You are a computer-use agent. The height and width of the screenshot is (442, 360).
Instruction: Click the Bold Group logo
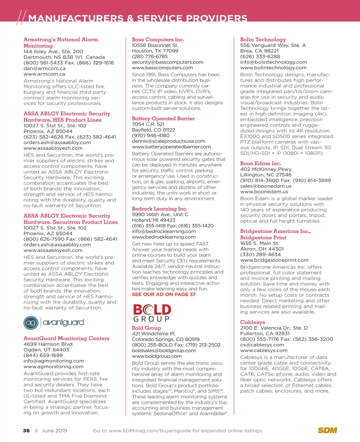pyautogui.click(x=152, y=313)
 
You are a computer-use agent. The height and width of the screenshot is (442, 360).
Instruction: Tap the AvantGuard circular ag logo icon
pyautogui.click(x=31, y=323)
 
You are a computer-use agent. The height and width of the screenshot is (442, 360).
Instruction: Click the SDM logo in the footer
pyautogui.click(x=327, y=430)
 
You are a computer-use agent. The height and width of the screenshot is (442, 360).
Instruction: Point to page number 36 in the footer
pyautogui.click(x=26, y=431)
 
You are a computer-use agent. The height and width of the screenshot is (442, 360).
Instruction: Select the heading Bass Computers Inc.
pyautogui.click(x=158, y=39)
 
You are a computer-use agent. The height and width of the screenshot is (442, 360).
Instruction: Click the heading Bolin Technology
pyautogui.click(x=263, y=39)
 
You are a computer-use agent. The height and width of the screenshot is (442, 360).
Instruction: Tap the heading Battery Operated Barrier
pyautogui.click(x=163, y=119)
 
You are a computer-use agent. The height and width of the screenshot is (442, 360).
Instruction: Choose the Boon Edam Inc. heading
pyautogui.click(x=260, y=163)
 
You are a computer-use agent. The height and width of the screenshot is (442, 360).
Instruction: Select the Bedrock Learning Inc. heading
pyautogui.click(x=159, y=209)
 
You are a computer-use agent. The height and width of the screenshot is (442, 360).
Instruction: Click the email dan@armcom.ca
pyautogui.click(x=44, y=68)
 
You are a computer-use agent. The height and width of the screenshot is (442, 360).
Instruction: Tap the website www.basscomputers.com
pyautogui.click(x=162, y=68)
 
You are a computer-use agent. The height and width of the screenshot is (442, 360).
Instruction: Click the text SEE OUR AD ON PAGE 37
pyautogui.click(x=163, y=294)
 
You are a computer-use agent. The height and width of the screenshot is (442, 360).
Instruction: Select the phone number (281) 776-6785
pyautogui.click(x=150, y=56)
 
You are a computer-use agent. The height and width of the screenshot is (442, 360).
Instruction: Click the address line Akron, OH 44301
pyautogui.click(x=262, y=249)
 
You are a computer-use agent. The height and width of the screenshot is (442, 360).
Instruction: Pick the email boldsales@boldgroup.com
pyautogui.click(x=163, y=351)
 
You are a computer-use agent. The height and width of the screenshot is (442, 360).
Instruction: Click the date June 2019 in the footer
pyautogui.click(x=54, y=431)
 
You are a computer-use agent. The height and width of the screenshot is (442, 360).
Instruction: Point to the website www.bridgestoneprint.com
pyautogui.click(x=274, y=260)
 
